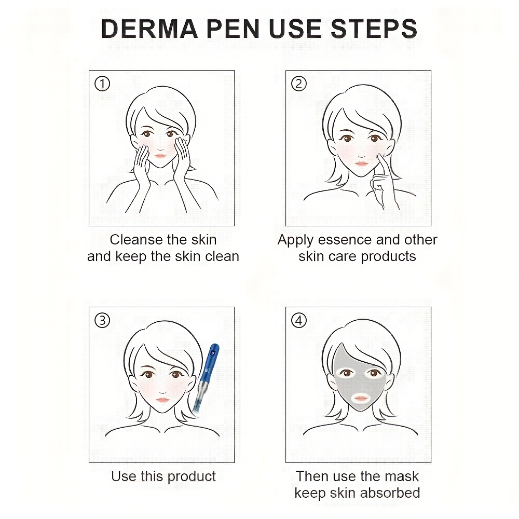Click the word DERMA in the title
coord(149,29)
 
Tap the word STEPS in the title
coord(374,29)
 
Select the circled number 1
coord(102,84)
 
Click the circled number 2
coord(299,84)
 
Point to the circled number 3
coord(102,321)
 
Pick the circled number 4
coord(299,321)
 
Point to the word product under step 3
coord(192,476)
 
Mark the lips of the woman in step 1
coord(160,156)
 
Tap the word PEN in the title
coord(233,29)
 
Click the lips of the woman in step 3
coord(162,400)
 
